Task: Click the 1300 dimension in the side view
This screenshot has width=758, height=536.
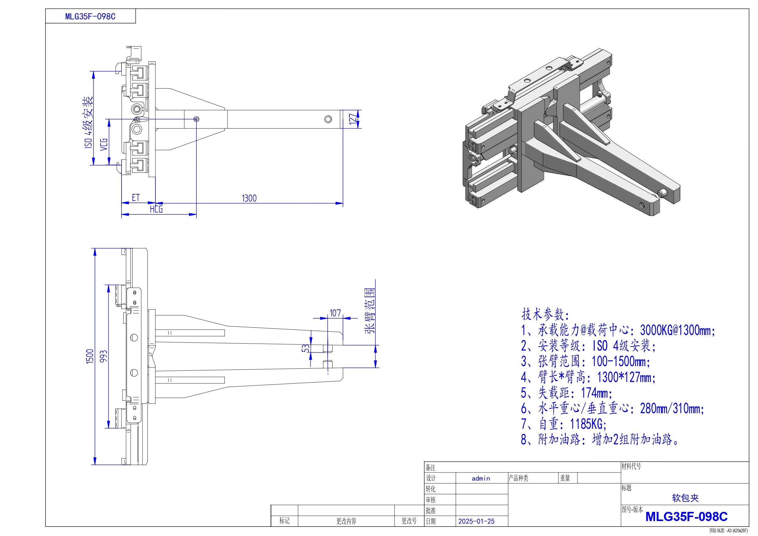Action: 249,198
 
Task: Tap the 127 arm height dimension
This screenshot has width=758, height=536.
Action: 353,119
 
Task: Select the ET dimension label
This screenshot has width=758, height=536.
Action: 136,198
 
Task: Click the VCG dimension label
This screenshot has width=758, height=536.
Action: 104,144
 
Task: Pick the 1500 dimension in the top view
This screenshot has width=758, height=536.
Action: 90,357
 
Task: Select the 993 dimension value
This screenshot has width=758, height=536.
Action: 104,356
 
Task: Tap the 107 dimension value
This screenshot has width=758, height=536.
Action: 335,313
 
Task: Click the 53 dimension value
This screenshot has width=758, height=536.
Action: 306,348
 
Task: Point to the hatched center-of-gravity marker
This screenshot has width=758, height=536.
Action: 196,119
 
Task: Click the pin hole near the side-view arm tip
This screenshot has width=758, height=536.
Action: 328,119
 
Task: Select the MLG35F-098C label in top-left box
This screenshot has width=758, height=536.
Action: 90,16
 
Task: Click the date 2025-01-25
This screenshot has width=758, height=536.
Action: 476,521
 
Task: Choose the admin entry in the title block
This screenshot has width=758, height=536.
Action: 481,478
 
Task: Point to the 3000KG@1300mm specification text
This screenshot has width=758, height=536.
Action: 677,330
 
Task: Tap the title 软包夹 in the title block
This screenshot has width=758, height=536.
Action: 685,498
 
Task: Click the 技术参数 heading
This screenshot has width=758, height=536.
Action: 545,314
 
